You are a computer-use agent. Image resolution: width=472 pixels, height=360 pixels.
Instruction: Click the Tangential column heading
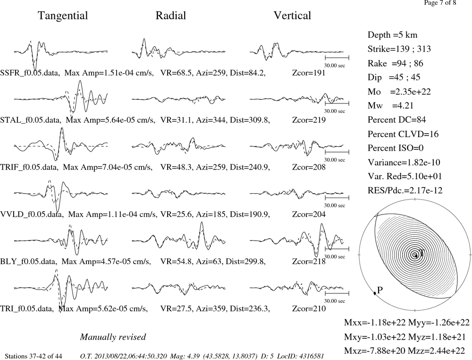[63, 16]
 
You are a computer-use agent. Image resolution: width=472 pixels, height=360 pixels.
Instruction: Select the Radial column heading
[171, 16]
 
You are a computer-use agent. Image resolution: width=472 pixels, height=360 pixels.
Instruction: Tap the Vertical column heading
[292, 16]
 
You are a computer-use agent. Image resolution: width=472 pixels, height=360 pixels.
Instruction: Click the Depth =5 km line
[392, 35]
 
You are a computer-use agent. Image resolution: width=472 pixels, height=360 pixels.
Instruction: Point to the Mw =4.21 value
[390, 106]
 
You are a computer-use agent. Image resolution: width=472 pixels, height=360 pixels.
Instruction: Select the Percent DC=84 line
[396, 120]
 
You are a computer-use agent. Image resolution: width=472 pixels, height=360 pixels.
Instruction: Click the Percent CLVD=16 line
[403, 134]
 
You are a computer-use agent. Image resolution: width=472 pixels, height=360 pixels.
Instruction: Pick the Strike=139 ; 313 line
[399, 49]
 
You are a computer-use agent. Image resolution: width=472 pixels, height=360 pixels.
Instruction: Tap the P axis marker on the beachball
[375, 293]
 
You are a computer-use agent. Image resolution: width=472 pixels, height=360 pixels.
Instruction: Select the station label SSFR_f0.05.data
[29, 73]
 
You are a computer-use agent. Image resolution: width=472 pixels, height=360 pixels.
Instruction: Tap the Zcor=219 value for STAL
[309, 120]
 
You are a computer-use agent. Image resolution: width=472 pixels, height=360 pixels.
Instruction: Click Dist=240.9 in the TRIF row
[250, 167]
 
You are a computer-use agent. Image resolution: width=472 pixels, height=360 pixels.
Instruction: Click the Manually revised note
[113, 337]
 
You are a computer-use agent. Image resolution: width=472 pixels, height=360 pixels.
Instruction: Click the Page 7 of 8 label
[440, 3]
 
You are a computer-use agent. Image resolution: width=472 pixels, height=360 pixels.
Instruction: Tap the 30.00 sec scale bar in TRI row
[337, 293]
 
